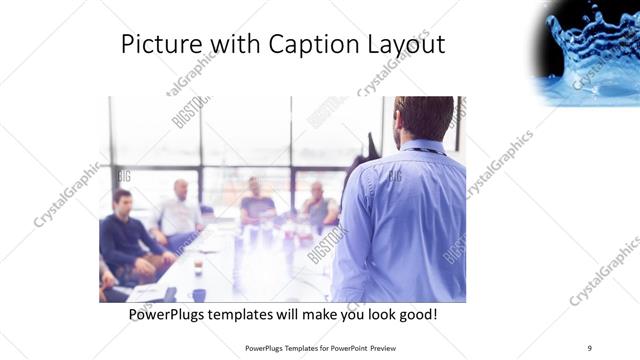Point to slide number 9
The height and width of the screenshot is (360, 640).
pos(589,347)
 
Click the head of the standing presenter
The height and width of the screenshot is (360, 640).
pos(422,118)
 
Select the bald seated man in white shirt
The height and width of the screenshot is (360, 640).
pos(179,212)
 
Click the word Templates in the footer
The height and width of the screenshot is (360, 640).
pos(294,348)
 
